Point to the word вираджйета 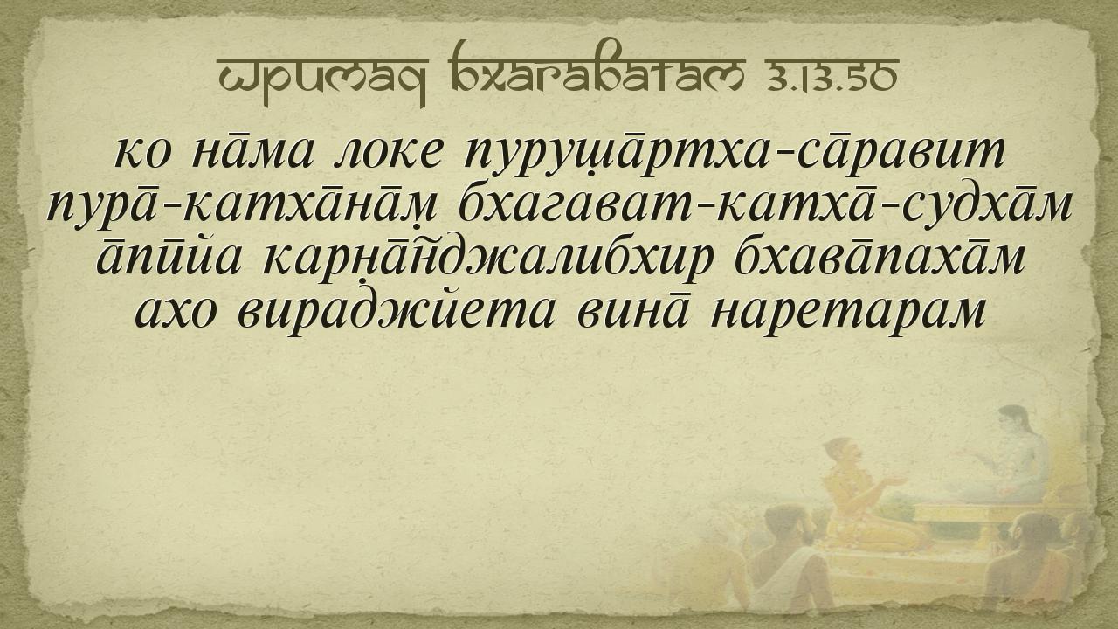pos(396,314)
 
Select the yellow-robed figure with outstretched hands pos(864,494)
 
